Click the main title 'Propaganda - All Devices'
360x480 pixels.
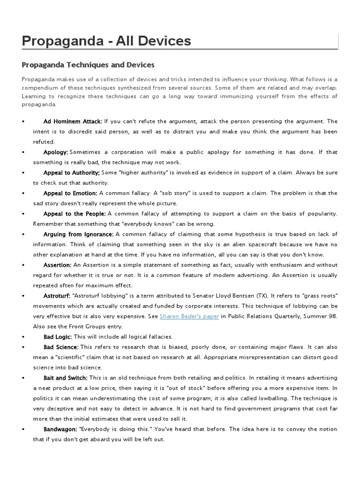point(106,41)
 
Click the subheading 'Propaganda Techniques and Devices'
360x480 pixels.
point(88,64)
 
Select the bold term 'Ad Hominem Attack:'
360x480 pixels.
point(73,121)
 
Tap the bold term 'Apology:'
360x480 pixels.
point(56,152)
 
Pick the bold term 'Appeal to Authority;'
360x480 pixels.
point(72,173)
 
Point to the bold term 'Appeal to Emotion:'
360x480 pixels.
point(70,193)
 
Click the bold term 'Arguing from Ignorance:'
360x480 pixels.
point(78,234)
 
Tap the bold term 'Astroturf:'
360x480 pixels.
point(57,296)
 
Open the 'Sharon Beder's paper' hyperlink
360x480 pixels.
point(189,316)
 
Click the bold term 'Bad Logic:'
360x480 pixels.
point(58,337)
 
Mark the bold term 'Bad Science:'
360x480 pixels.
point(61,347)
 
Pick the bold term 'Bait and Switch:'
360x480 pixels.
point(65,378)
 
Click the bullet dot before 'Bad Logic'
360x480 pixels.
point(23,337)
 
